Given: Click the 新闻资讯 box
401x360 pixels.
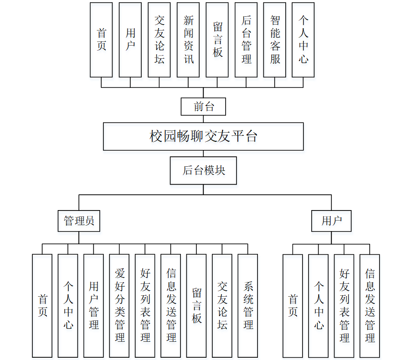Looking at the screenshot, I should (x=188, y=40).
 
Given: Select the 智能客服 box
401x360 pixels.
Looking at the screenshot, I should (x=275, y=40).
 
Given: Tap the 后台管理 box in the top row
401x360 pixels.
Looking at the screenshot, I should (x=246, y=40).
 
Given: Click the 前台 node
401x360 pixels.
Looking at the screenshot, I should (x=203, y=107).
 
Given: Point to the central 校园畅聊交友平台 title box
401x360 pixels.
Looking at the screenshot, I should (x=203, y=136).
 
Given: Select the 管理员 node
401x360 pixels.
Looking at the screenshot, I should (x=79, y=221).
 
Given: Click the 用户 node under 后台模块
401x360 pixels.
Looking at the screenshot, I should (x=331, y=221).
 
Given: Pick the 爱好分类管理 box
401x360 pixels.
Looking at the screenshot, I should (x=119, y=305).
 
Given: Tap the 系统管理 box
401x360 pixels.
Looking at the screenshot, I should (x=248, y=305).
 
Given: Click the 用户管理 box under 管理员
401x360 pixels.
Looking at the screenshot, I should (x=94, y=305).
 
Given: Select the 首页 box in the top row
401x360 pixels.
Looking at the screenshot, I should (x=101, y=40).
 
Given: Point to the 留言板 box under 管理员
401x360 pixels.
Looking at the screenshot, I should (x=196, y=305).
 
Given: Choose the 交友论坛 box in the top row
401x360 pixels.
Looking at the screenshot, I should (x=159, y=40).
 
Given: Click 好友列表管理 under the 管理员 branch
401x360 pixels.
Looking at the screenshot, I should (x=145, y=305).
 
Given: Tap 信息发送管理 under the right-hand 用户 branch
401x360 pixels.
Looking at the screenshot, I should (x=370, y=305).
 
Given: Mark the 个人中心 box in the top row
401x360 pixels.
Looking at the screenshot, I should (x=303, y=40).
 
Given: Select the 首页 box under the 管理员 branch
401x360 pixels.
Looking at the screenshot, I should (x=42, y=305).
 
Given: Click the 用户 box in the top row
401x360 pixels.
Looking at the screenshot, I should (x=130, y=40).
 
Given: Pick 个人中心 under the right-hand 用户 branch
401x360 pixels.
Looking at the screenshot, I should (x=319, y=305).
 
